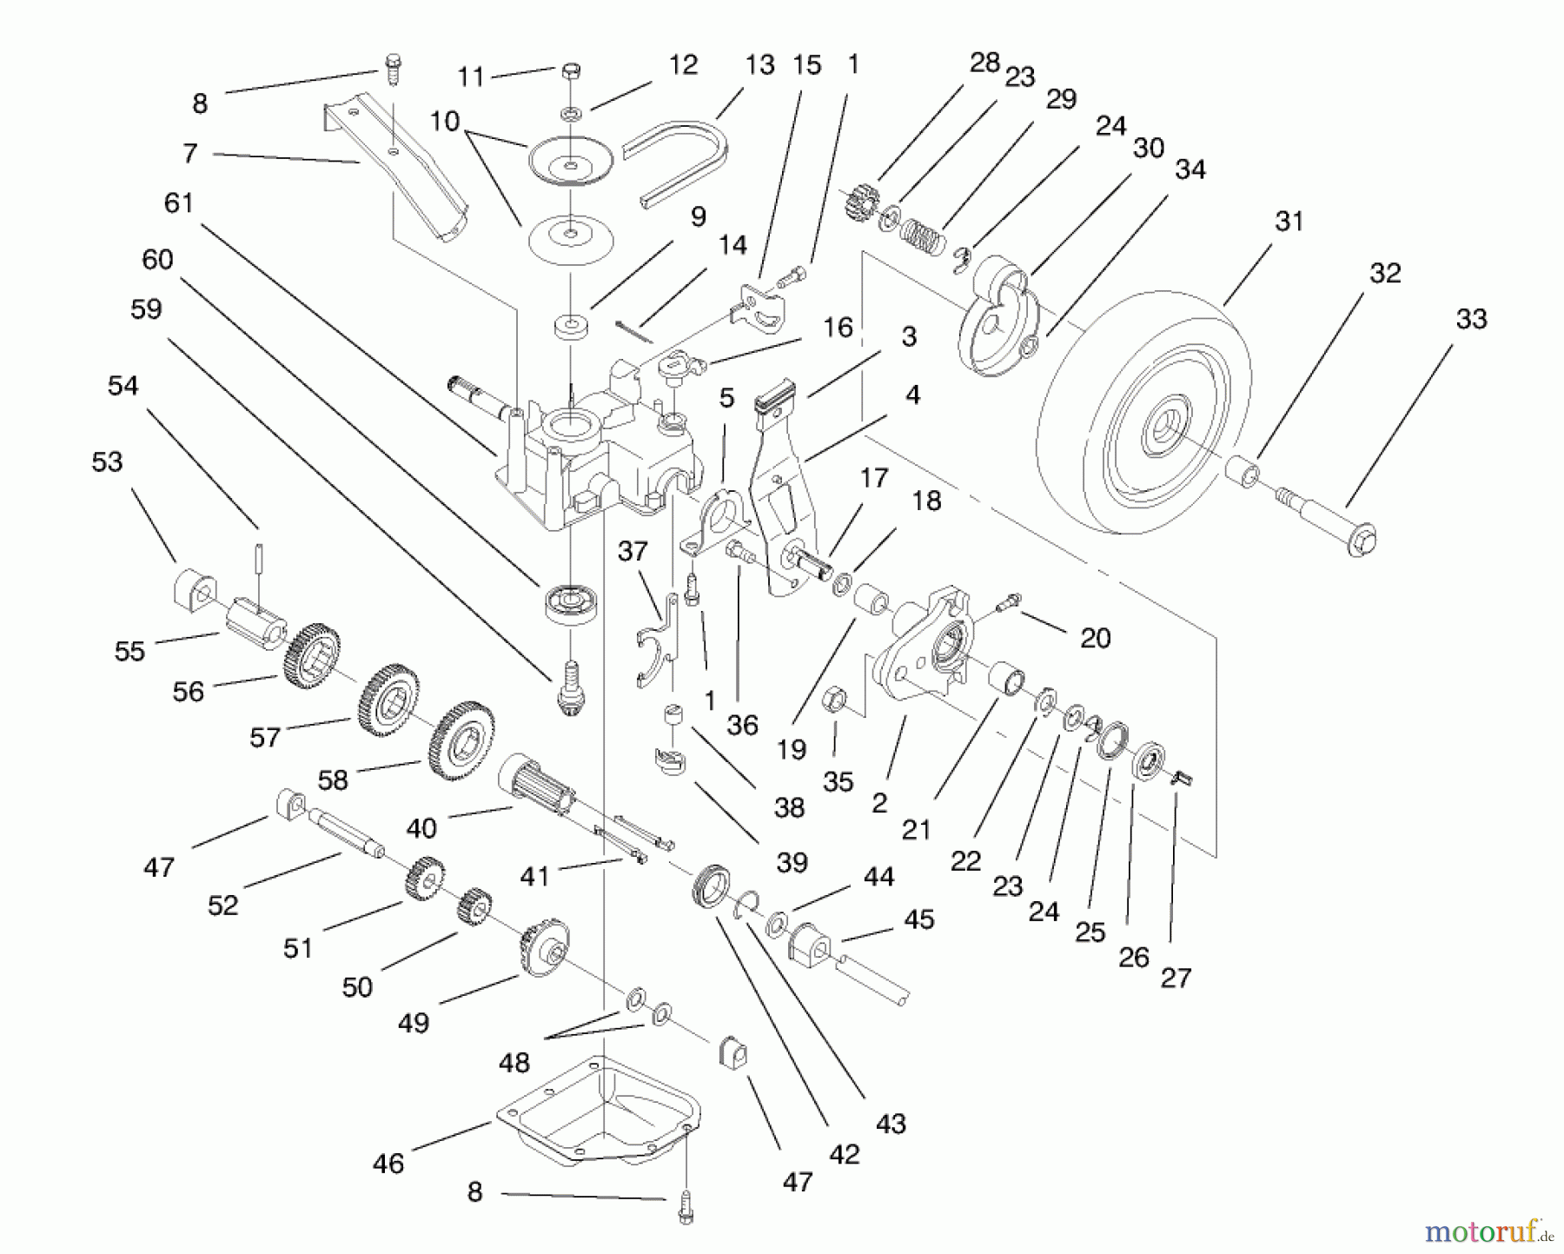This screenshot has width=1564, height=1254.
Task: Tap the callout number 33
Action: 1471,319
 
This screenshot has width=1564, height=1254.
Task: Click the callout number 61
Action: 178,203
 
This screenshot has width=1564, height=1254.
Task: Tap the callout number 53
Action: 107,461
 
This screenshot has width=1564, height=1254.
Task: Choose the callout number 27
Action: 1176,979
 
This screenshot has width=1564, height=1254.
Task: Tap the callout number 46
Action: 388,1164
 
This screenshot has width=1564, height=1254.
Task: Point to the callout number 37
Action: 633,551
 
